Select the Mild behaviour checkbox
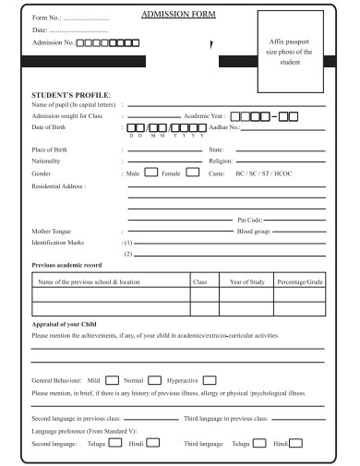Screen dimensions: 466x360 [111, 379]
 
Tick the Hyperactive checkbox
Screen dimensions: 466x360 [210, 379]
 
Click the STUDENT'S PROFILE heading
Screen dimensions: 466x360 [71, 96]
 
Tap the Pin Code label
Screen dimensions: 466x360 [251, 220]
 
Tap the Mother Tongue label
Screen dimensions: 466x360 [54, 231]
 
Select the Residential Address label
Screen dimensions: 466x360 [59, 186]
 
